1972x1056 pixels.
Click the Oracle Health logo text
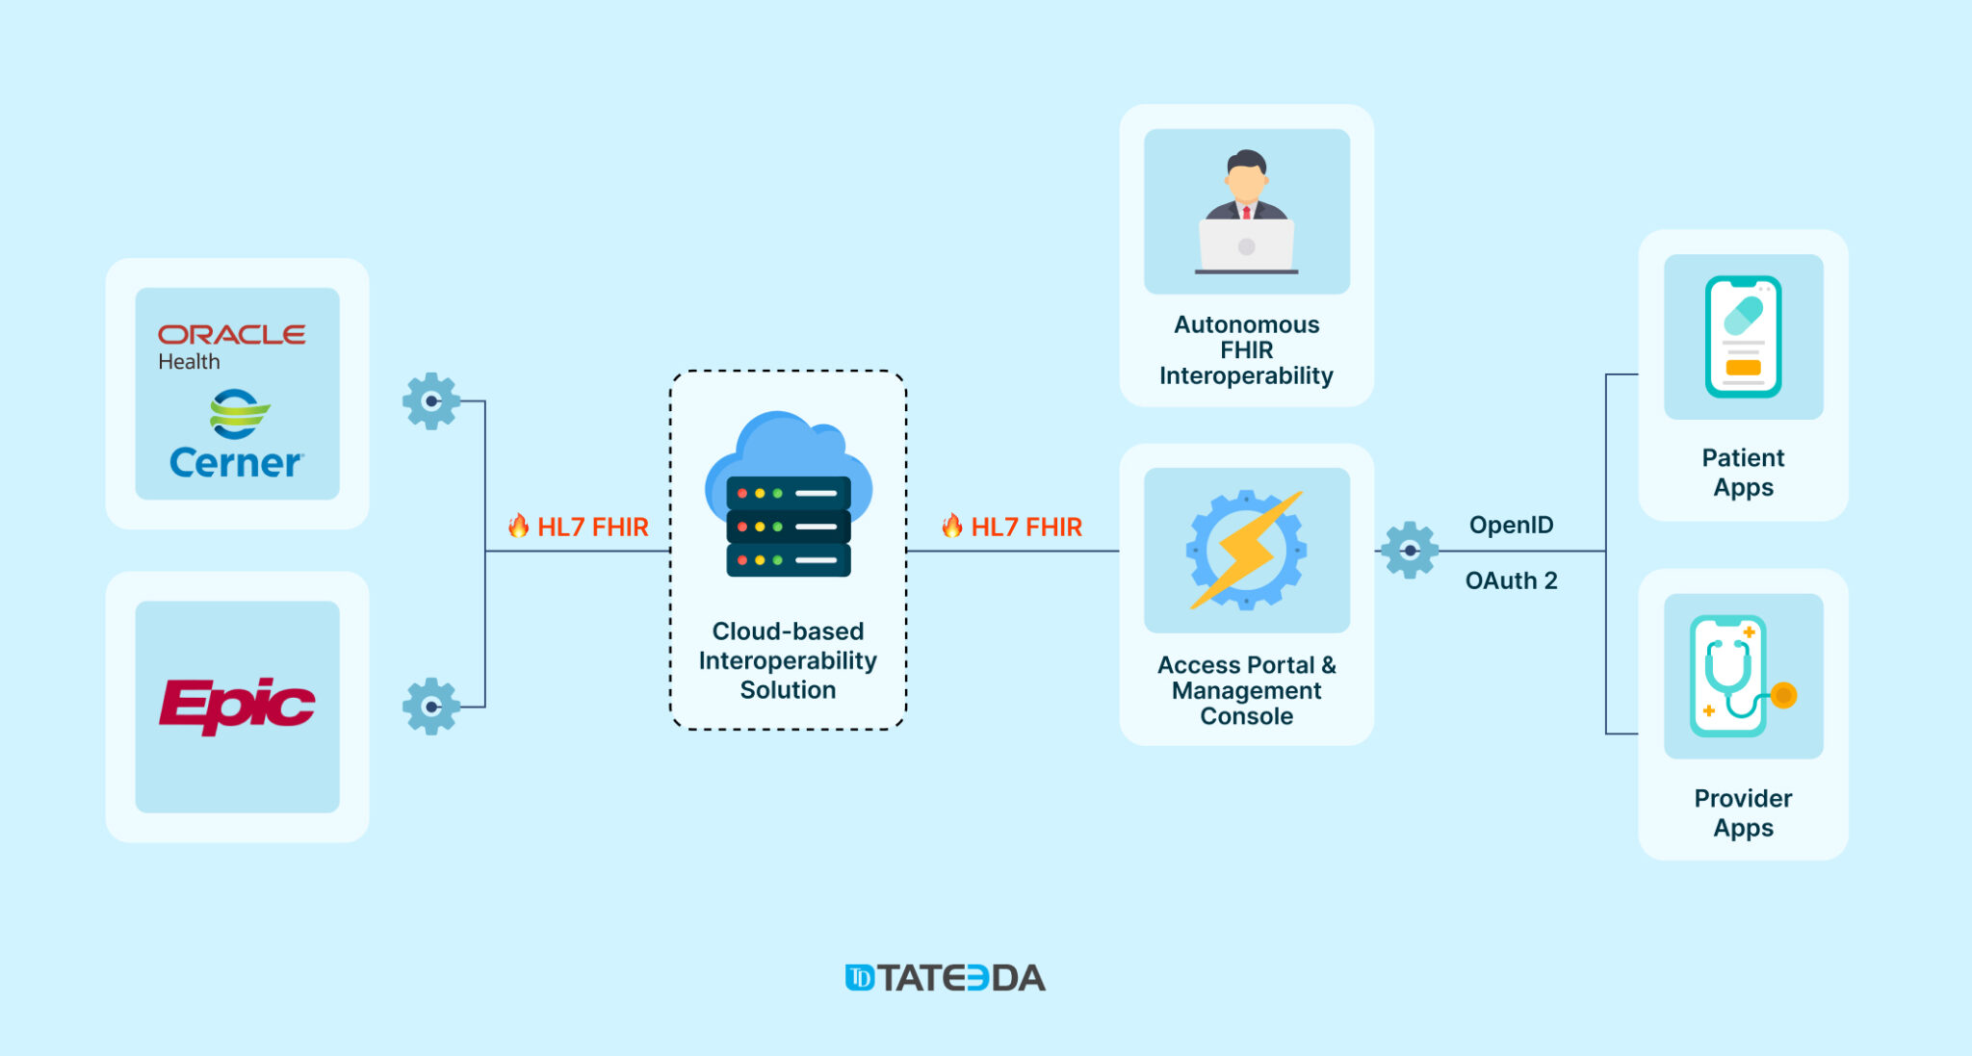pos(231,345)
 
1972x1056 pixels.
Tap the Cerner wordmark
pos(236,463)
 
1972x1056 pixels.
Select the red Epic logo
pos(237,705)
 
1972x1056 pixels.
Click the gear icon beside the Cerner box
pos(430,400)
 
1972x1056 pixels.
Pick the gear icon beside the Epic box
pos(430,707)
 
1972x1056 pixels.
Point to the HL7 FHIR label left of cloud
pos(580,527)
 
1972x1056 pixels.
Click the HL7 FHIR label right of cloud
pos(1013,527)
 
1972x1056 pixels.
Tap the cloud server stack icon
pos(789,497)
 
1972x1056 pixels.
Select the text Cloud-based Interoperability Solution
pos(788,660)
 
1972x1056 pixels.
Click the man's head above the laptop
pos(1246,173)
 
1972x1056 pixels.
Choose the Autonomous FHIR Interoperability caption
pos(1246,350)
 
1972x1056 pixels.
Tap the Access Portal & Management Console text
pos(1246,690)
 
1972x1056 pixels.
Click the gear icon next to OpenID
pos(1410,550)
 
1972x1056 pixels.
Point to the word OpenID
pos(1511,525)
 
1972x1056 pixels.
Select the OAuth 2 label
pos(1511,580)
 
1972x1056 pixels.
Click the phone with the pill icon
pos(1743,337)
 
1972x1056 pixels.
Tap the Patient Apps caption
pos(1743,472)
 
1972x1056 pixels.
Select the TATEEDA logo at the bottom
pos(945,978)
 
